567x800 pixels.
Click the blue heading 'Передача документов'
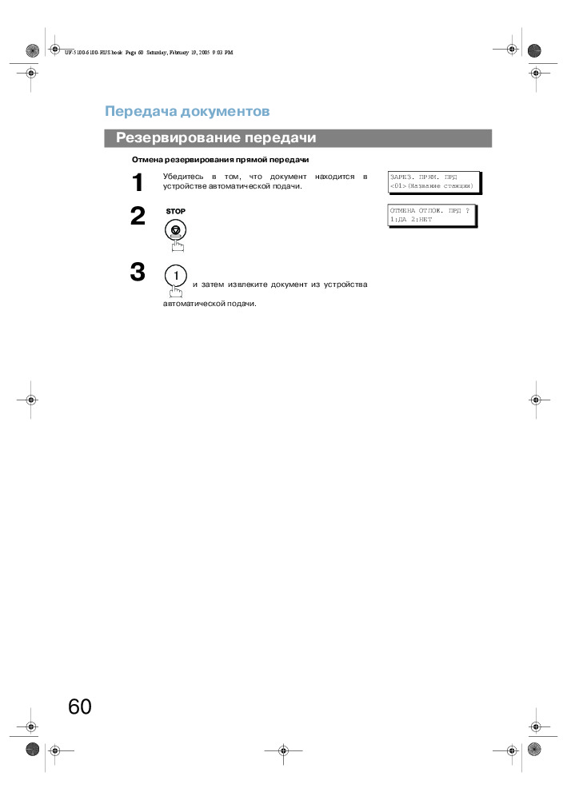coord(187,111)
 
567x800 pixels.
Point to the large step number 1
coord(138,183)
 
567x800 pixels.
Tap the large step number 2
coord(138,217)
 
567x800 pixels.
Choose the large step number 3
coord(138,273)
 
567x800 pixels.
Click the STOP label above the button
coord(175,211)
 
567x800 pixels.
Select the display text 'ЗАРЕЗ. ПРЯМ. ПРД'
coord(423,177)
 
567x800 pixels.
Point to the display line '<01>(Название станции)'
coord(431,185)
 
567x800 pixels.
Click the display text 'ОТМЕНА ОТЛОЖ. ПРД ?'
coord(429,210)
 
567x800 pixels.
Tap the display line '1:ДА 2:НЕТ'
coord(411,218)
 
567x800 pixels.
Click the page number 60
coord(80,706)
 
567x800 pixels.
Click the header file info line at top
coord(149,52)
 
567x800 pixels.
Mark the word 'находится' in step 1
coord(335,176)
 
